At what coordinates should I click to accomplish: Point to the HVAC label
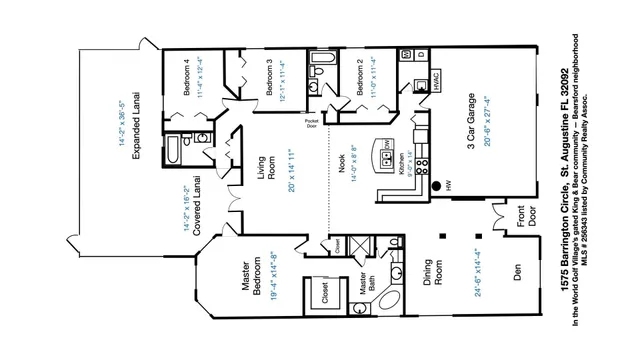438,81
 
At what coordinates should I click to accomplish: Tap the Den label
518,271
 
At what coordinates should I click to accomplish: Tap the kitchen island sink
388,147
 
